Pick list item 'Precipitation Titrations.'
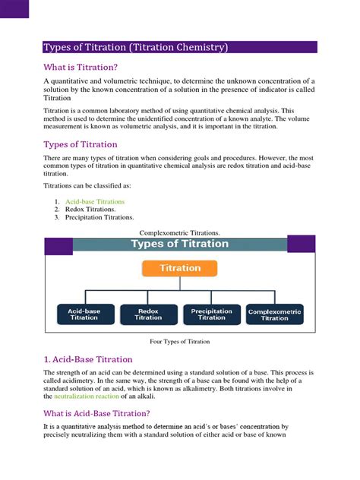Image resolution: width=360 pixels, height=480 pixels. pos(99,218)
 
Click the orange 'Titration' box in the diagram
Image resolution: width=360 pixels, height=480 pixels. pos(179,268)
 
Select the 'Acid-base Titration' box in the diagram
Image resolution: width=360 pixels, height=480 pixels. pos(84,314)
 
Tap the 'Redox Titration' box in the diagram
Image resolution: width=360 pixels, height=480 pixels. pos(148,314)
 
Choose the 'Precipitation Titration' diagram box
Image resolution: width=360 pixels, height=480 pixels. pos(212,314)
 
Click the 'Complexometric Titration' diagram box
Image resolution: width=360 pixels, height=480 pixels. pos(275,314)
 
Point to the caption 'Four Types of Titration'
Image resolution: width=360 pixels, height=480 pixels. pos(179,342)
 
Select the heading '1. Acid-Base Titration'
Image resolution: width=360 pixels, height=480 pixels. pos(88,359)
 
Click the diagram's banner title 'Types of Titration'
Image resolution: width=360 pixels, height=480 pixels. pos(179,245)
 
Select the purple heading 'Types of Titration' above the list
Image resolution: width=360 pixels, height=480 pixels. pos(81,144)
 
